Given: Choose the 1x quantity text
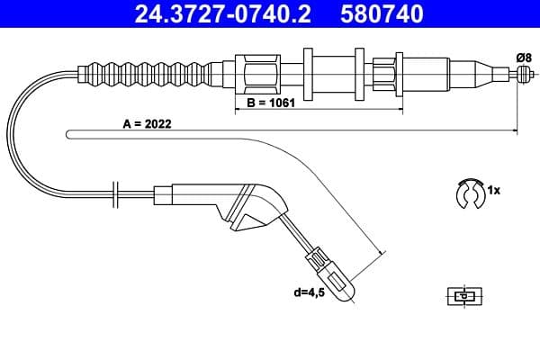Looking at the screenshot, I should (495, 192).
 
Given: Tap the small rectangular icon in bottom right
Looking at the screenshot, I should (463, 296).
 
